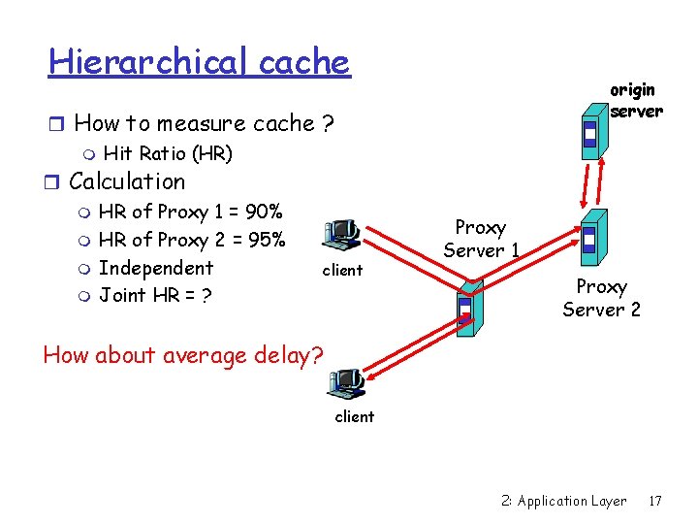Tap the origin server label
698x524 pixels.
tap(636, 100)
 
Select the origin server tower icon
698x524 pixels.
tap(589, 133)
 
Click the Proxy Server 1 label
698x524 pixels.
tap(481, 239)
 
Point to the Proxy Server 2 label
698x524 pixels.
tap(601, 298)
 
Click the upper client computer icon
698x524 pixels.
tap(342, 234)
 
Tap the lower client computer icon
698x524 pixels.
tap(347, 384)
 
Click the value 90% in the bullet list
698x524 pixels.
tap(264, 212)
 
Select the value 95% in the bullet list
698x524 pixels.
tap(266, 240)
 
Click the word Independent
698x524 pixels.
tap(156, 268)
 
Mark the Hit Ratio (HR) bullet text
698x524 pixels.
tap(167, 153)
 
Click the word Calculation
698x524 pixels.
tap(126, 181)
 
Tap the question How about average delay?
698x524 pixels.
tap(183, 354)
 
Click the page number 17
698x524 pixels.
tap(655, 501)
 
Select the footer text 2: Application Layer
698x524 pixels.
tap(563, 501)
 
